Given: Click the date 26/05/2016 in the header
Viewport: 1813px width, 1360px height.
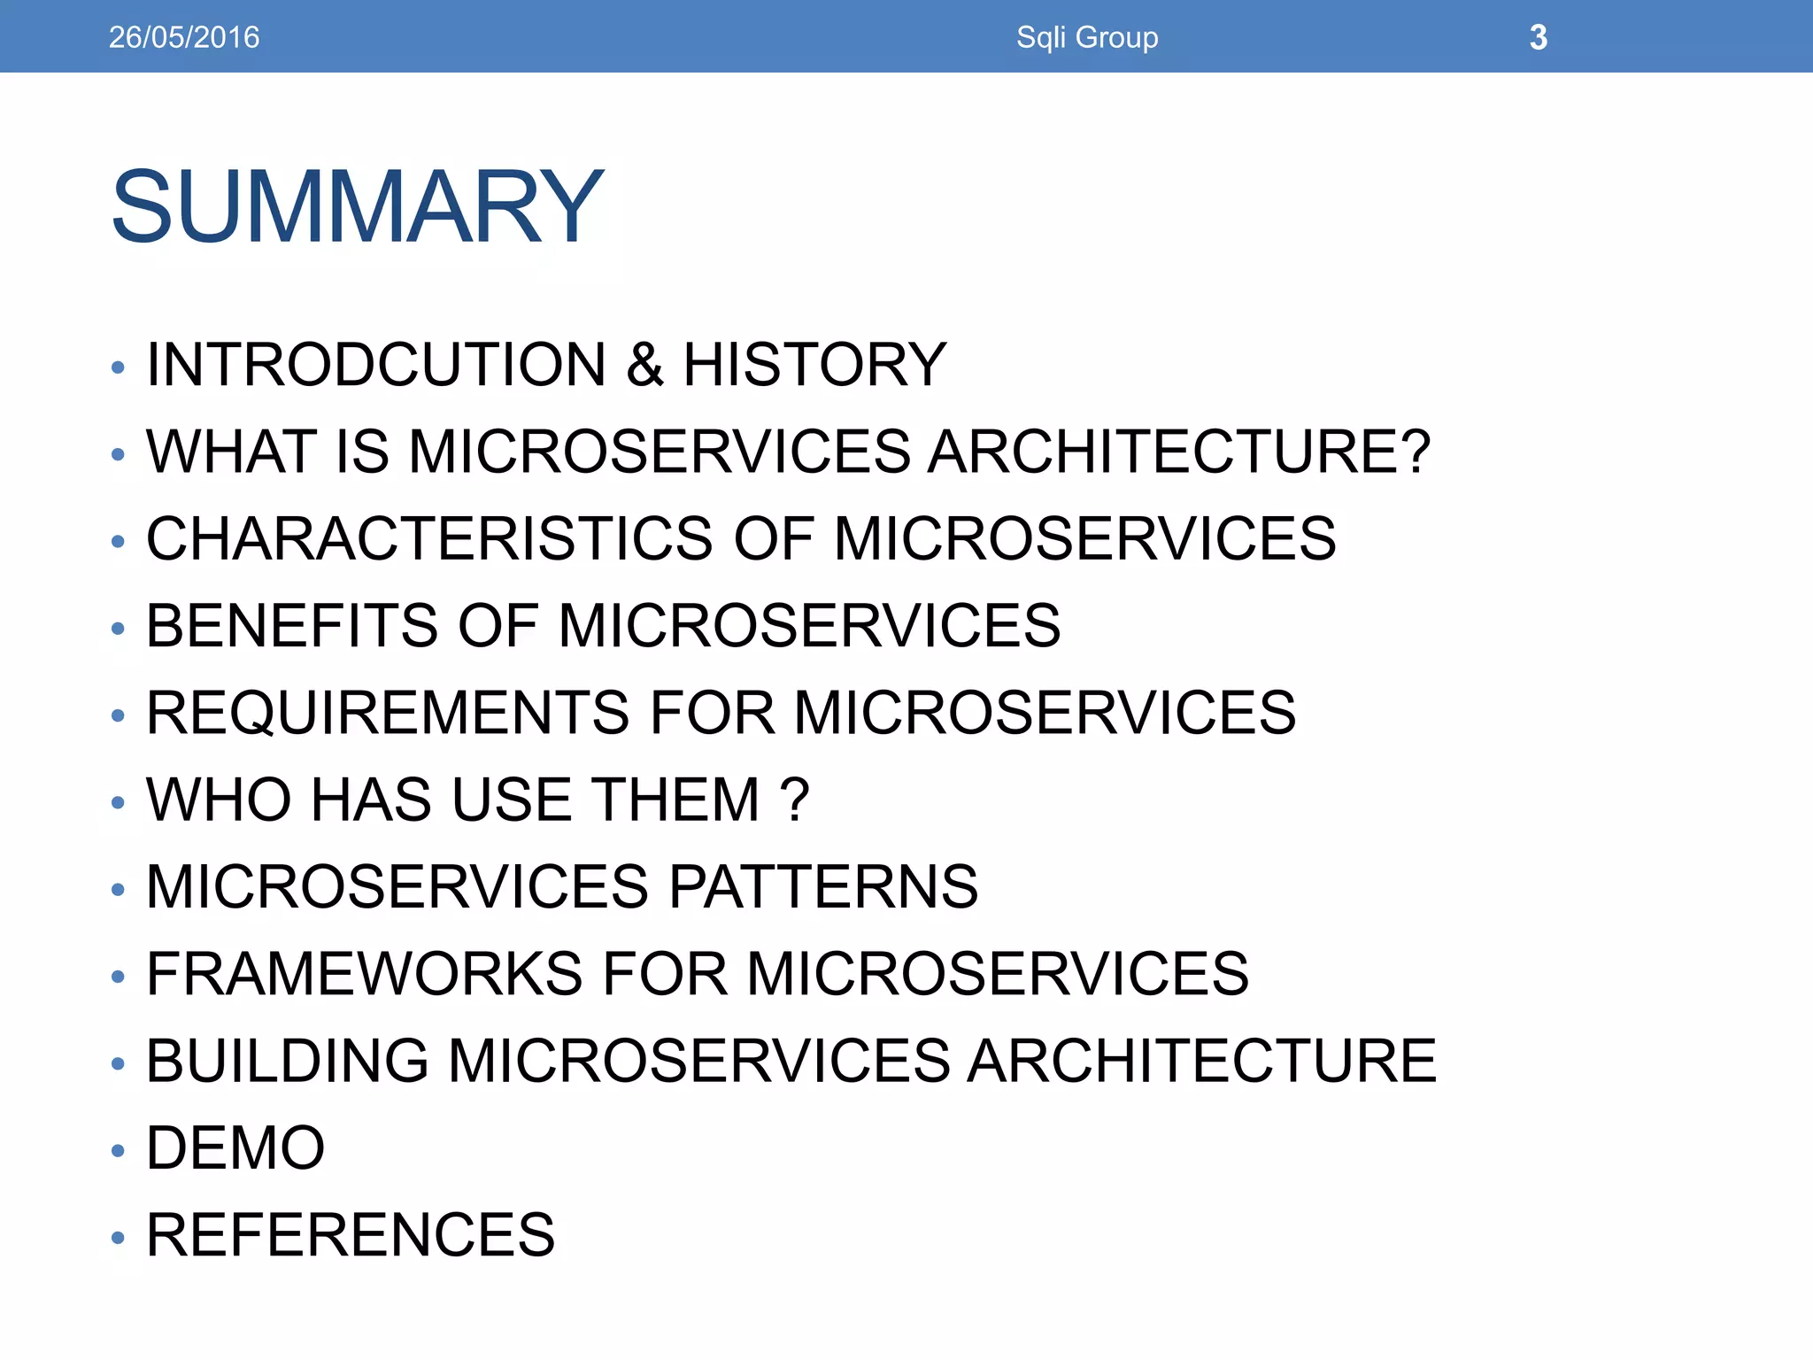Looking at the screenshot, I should point(184,37).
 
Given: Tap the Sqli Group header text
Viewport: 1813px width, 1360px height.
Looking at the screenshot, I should point(1087,37).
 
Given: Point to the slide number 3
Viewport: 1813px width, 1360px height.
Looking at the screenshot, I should point(1539,37).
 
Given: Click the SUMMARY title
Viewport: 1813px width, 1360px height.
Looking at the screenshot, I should point(357,206).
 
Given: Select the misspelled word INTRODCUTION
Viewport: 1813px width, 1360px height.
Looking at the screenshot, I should point(376,364).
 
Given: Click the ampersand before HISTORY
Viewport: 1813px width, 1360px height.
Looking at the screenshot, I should point(644,364).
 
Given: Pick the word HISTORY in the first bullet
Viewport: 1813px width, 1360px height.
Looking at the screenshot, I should point(814,364).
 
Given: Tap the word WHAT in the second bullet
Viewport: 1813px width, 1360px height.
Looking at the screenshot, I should point(231,451).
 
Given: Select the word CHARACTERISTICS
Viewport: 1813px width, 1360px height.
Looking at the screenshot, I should point(429,538).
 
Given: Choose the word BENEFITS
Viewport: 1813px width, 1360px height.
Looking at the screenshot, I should point(292,625).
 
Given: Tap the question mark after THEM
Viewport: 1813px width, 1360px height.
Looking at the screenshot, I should point(796,799).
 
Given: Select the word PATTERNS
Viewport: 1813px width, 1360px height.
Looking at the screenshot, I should point(823,886).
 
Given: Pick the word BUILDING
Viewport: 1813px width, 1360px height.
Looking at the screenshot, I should point(288,1060).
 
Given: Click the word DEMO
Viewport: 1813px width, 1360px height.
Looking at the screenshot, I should point(235,1147).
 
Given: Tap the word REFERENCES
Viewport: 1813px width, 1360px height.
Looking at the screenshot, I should point(351,1234).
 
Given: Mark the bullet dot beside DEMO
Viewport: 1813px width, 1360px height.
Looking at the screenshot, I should point(119,1150).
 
